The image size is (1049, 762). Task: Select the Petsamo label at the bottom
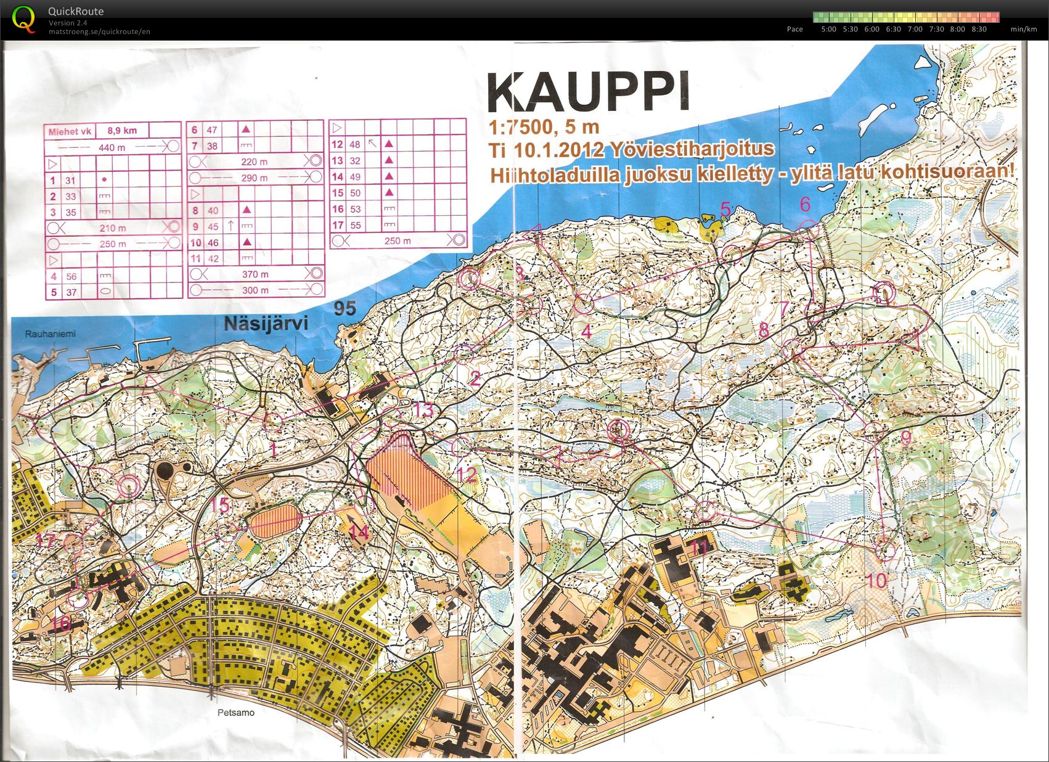tap(235, 713)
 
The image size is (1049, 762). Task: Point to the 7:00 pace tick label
tap(915, 29)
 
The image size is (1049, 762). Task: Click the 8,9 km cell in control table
tap(122, 131)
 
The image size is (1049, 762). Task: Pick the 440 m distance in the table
tap(112, 147)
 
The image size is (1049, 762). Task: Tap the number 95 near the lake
tap(345, 308)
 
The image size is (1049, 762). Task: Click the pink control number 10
tap(876, 580)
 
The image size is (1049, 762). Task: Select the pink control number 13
tap(423, 409)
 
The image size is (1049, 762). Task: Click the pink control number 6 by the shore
tap(804, 204)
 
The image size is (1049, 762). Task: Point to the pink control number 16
tap(60, 623)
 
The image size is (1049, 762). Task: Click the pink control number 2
tap(475, 377)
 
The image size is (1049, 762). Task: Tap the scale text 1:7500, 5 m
tap(544, 127)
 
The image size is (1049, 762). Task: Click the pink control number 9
tap(905, 438)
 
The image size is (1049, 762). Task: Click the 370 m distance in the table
tap(255, 274)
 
